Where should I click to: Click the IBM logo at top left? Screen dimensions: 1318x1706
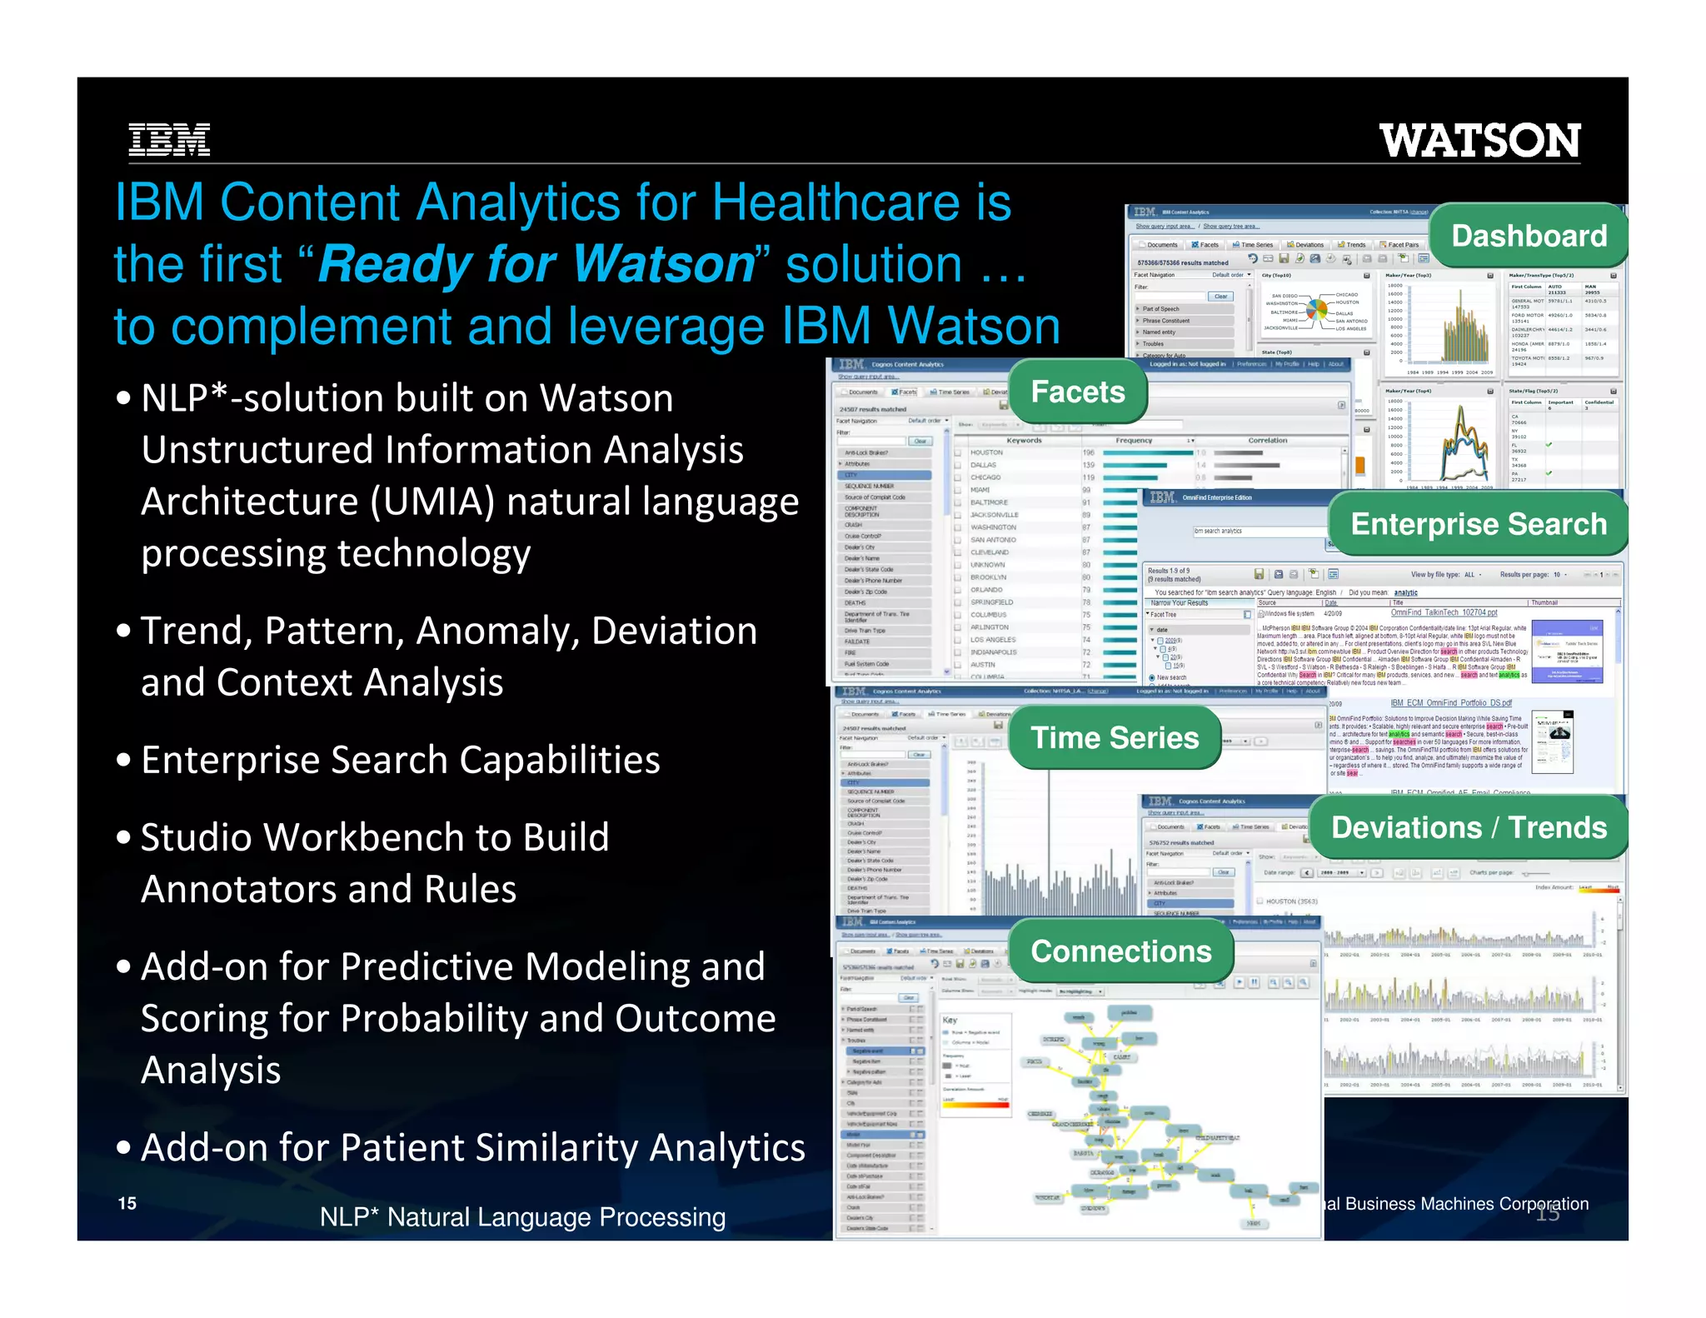pyautogui.click(x=169, y=140)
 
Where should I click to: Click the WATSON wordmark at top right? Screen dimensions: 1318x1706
pyautogui.click(x=1479, y=141)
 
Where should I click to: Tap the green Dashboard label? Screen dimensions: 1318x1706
pyautogui.click(x=1529, y=236)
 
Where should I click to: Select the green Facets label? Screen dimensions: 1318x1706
pyautogui.click(x=1077, y=392)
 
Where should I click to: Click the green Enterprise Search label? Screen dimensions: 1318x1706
pyautogui.click(x=1478, y=524)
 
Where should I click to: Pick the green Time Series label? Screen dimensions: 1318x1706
pyautogui.click(x=1115, y=737)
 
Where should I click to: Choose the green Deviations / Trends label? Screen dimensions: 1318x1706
pyautogui.click(x=1469, y=827)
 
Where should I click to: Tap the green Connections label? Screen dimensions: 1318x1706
pyautogui.click(x=1120, y=951)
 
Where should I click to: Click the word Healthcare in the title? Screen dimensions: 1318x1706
pyautogui.click(x=835, y=202)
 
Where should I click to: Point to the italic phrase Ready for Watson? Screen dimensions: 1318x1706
pyautogui.click(x=537, y=264)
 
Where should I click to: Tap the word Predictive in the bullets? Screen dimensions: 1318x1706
pyautogui.click(x=431, y=967)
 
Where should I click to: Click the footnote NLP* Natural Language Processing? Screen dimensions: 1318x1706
pyautogui.click(x=522, y=1217)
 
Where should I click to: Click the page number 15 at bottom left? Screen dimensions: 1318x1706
pyautogui.click(x=127, y=1203)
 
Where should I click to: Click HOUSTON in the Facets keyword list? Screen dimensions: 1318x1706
pyautogui.click(x=986, y=452)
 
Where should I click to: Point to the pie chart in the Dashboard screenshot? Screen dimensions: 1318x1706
pyautogui.click(x=1316, y=311)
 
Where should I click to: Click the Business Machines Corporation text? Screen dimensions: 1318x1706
pyautogui.click(x=1466, y=1204)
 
